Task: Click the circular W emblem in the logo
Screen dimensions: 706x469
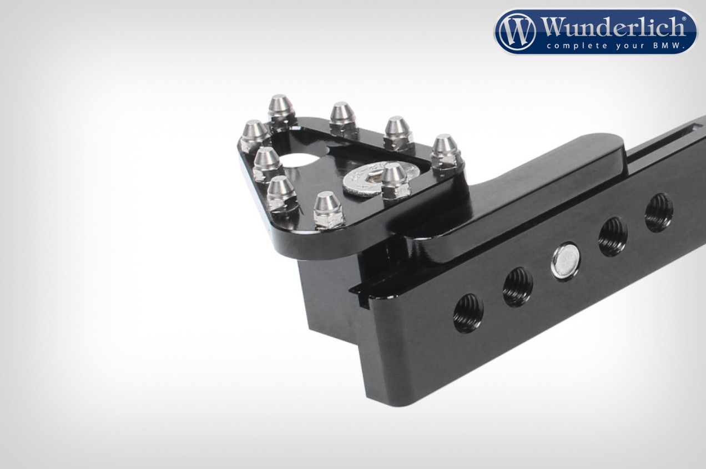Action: [517, 32]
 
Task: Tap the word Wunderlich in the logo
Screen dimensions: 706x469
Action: [612, 27]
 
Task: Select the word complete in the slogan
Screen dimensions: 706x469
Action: [573, 46]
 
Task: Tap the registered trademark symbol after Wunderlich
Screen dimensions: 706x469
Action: [684, 19]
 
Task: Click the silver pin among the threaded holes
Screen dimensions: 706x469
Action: [565, 261]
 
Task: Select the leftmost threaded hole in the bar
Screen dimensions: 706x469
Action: [468, 313]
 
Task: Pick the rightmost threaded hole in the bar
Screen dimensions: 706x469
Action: [659, 213]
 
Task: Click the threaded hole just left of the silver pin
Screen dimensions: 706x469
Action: [517, 287]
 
